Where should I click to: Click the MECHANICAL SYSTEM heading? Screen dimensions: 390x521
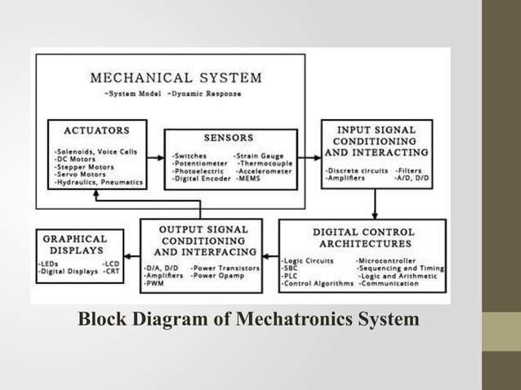point(176,78)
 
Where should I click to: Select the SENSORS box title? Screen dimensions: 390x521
point(229,138)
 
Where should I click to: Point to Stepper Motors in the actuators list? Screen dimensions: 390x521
point(84,166)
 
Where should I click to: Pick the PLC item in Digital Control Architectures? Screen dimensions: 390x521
point(290,276)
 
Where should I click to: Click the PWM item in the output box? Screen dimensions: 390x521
point(153,283)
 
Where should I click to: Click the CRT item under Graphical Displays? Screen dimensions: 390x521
point(112,271)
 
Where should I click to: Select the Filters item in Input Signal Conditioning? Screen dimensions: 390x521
point(409,170)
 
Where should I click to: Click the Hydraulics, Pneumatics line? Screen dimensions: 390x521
point(98,182)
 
